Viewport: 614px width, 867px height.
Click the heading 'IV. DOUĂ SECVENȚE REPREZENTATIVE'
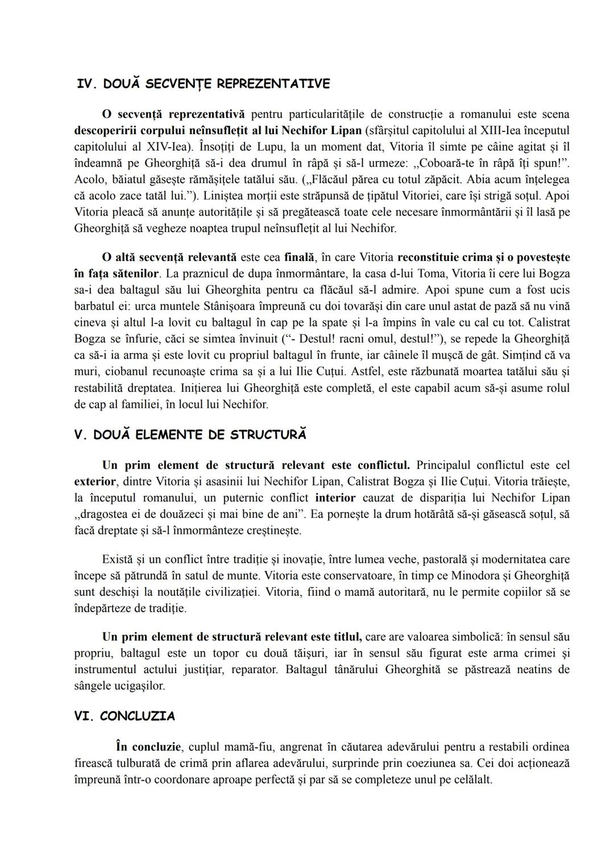coord(203,84)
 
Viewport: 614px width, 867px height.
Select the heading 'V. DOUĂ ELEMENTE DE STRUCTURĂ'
coord(190,435)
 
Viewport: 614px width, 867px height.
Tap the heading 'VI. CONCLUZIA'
coord(125,716)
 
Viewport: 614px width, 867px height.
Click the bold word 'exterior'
coord(94,482)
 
